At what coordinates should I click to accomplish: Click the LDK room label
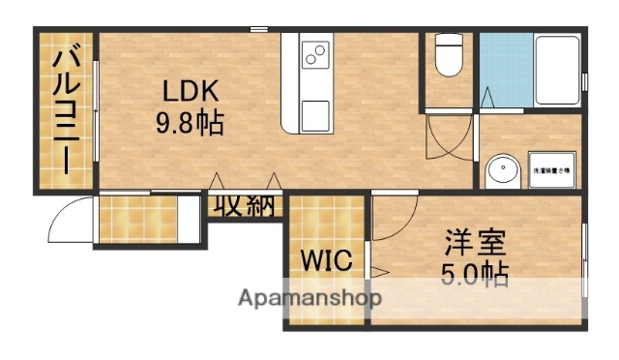[190, 91]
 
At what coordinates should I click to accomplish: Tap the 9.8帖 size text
[190, 123]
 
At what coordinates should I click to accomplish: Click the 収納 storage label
[244, 206]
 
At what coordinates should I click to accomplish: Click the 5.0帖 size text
[476, 273]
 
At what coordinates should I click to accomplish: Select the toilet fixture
[448, 55]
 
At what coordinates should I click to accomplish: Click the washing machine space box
[552, 169]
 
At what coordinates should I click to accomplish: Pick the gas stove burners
[315, 55]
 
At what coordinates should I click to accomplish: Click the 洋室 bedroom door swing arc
[392, 218]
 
